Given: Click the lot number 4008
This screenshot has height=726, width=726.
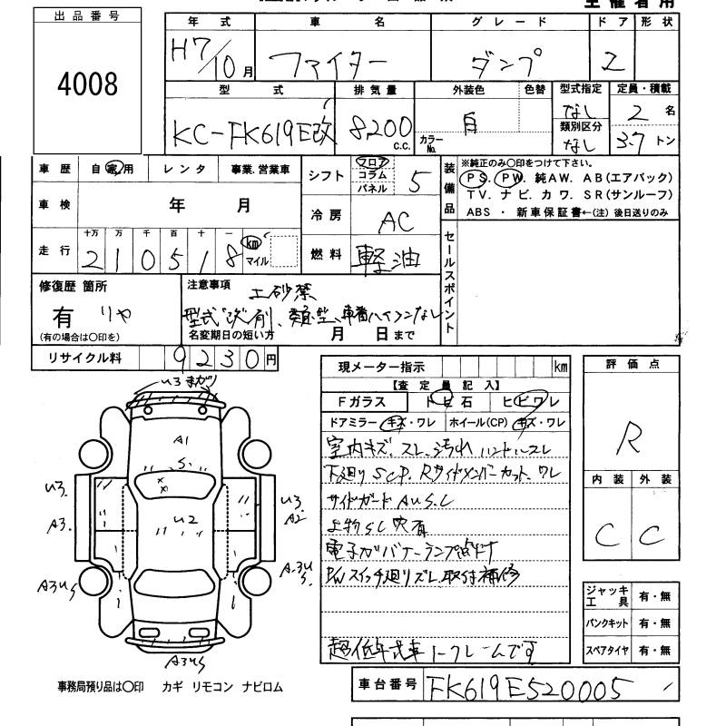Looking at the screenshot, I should pos(87,84).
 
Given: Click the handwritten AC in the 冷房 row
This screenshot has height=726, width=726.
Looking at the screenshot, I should pos(392,220).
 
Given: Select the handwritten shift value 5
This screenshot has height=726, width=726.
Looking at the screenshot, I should pos(415,182).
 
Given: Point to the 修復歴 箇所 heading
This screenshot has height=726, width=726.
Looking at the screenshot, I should pos(73,286).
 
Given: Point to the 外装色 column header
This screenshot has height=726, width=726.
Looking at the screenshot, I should pos(468,90).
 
